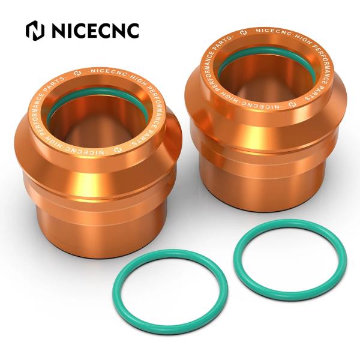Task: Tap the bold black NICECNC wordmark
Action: tap(94, 29)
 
